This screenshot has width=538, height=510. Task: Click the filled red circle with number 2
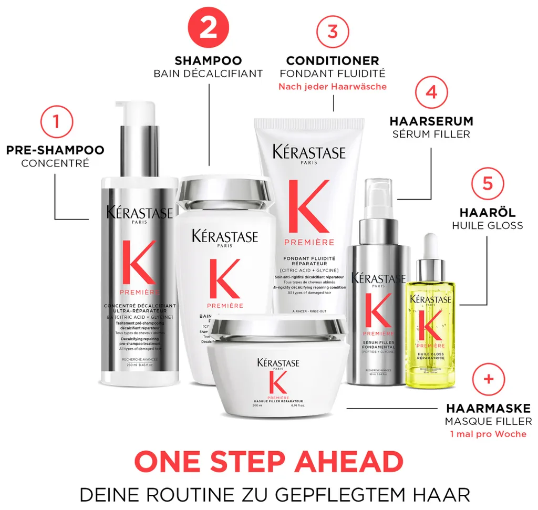[208, 28]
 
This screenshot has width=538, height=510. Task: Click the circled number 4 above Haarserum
[431, 93]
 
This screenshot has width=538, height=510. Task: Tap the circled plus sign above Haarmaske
[489, 379]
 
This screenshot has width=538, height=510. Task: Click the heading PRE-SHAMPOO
[55, 150]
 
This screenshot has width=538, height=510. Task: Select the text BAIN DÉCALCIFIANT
[208, 74]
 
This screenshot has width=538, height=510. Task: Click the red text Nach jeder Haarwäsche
[333, 87]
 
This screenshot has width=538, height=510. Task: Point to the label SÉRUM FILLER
[431, 134]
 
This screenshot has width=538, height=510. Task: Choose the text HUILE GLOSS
[488, 226]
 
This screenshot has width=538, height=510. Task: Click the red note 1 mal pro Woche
[488, 434]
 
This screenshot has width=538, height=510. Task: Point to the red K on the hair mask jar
[277, 382]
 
